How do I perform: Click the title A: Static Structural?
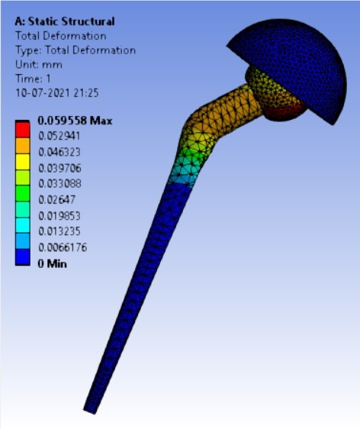coord(65,21)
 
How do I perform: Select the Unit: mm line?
coord(39,65)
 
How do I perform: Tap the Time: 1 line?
coord(33,79)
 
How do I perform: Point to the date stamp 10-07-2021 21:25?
coord(57,93)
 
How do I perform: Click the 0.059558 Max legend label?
coord(75,121)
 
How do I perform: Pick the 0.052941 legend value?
coord(59,136)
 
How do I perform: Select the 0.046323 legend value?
coord(59,152)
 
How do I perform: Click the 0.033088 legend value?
coord(59,183)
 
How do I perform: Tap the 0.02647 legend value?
coord(56,200)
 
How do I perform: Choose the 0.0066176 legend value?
coord(63,247)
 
